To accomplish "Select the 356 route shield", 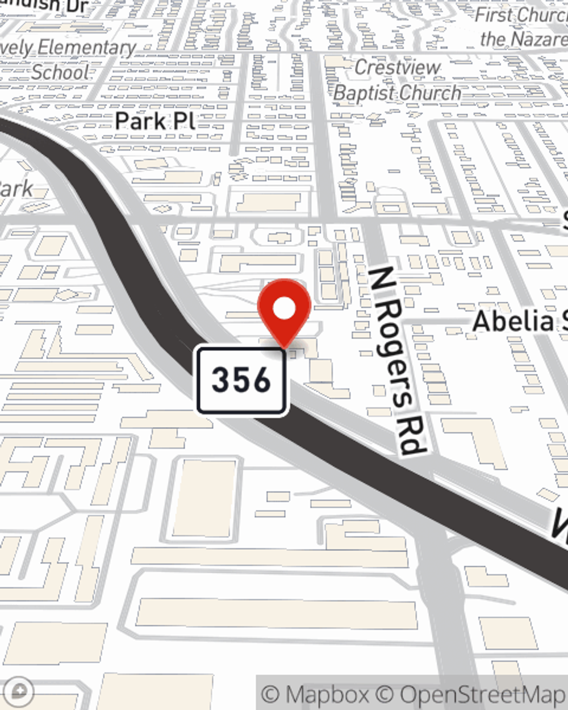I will coord(241,380).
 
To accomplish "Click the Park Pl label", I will coord(154,121).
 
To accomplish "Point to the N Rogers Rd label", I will coord(396,361).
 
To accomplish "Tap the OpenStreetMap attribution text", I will coord(483,694).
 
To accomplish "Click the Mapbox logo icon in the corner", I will coord(20,691).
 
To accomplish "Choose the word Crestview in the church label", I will coord(397,67).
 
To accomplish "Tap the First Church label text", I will coord(520,15).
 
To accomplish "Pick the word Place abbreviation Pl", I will coord(184,121).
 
